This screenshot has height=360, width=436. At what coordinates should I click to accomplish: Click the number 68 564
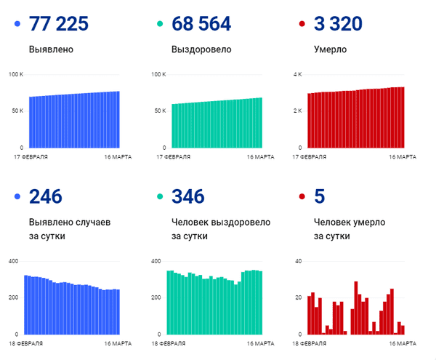click(201, 24)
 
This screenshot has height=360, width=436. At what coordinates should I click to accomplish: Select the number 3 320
click(338, 24)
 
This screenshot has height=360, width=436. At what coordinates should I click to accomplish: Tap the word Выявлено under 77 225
click(52, 50)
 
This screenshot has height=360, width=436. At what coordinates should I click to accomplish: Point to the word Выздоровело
click(201, 50)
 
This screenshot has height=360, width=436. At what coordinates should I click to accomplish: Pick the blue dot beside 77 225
click(17, 25)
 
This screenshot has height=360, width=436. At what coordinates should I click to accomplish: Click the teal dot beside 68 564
click(160, 25)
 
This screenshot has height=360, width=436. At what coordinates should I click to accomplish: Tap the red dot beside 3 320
click(302, 25)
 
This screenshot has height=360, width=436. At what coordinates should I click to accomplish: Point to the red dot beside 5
click(302, 197)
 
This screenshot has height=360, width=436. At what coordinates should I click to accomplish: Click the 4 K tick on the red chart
click(296, 75)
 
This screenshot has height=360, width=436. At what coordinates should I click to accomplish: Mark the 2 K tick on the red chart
click(296, 111)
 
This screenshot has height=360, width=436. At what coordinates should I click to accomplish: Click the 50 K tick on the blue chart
click(17, 111)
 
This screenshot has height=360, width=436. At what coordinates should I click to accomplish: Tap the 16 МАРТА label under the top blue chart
click(108, 156)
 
